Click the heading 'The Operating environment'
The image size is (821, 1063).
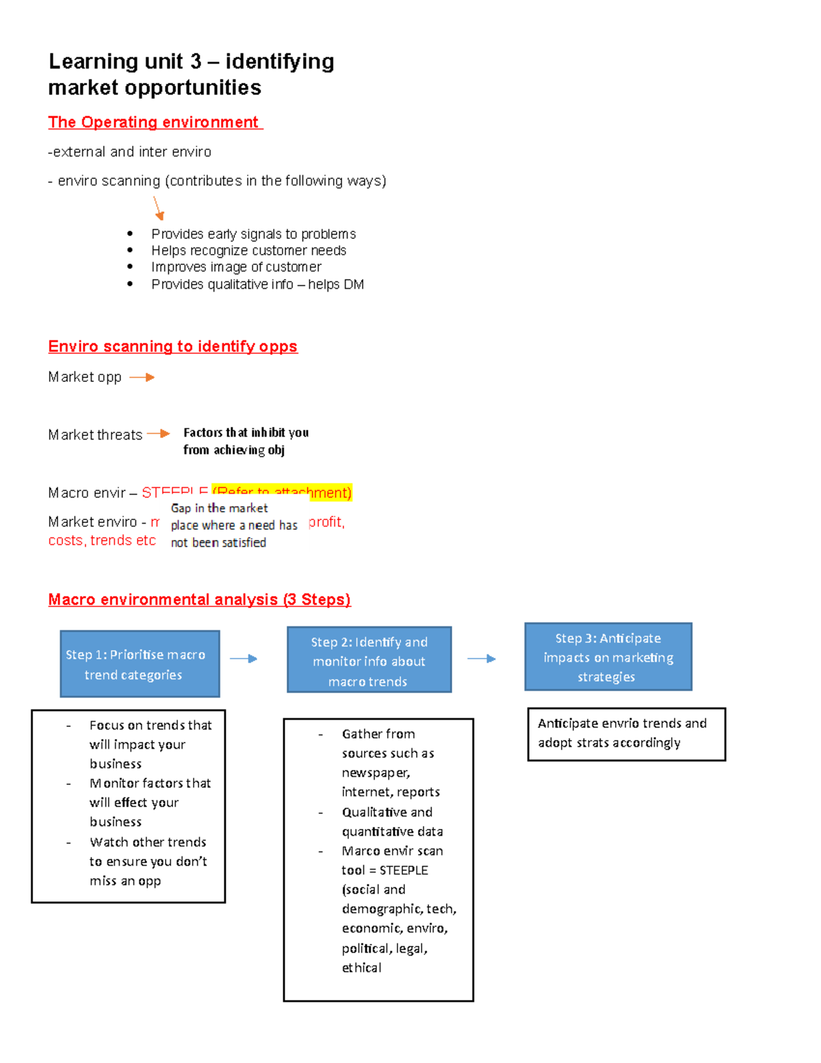click(155, 123)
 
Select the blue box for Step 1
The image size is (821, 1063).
click(140, 664)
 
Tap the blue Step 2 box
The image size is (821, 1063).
click(369, 661)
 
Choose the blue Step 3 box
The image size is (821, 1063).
click(608, 657)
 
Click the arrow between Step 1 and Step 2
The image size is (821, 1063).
click(244, 658)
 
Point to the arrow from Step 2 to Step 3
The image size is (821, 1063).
click(482, 658)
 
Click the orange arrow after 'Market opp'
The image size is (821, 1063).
click(142, 377)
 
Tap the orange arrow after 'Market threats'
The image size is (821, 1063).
click(158, 433)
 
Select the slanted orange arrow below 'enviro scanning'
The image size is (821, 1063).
click(158, 208)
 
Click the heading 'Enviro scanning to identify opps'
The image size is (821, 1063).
click(172, 346)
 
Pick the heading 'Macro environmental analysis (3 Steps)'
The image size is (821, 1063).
click(199, 600)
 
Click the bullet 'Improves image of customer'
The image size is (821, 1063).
click(236, 267)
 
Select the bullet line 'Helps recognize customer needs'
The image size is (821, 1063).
click(248, 251)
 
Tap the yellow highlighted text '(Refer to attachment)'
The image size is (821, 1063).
click(282, 492)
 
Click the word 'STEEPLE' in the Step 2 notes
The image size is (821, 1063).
click(404, 870)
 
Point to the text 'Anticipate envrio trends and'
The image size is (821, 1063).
click(622, 723)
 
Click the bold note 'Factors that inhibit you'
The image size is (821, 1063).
click(246, 433)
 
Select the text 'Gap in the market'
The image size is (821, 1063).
click(219, 508)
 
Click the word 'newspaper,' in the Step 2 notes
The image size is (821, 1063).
click(376, 773)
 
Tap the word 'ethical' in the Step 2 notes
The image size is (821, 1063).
click(361, 968)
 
